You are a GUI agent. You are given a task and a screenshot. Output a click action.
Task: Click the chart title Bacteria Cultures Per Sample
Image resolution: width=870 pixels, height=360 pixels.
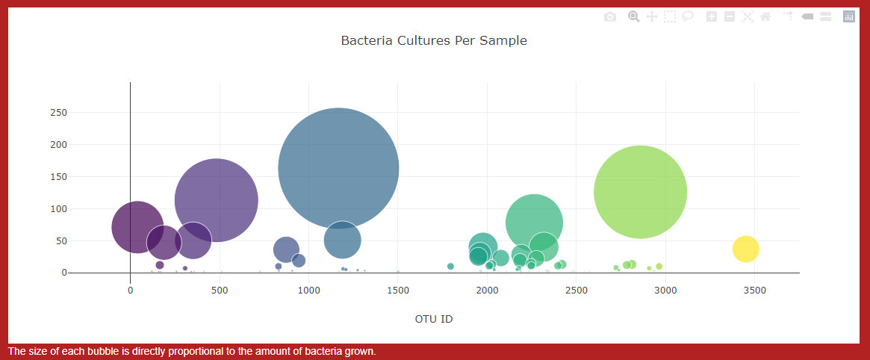tap(434, 40)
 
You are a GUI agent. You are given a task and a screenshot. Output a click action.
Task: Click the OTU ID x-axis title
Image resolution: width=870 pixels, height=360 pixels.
tap(434, 319)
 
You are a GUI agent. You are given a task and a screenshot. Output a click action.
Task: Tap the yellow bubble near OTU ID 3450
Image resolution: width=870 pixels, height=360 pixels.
tap(745, 249)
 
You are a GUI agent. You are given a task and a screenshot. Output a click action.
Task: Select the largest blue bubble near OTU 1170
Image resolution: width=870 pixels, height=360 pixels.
tap(338, 168)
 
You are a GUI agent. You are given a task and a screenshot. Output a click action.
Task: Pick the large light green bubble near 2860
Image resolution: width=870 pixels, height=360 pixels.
tap(640, 192)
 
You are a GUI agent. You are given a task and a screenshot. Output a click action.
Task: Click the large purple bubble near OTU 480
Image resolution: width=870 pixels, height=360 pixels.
tap(216, 200)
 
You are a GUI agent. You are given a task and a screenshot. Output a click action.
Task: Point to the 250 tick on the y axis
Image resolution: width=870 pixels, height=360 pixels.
tap(58, 113)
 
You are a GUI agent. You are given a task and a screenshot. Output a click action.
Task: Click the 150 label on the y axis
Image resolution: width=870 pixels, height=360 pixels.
tap(58, 177)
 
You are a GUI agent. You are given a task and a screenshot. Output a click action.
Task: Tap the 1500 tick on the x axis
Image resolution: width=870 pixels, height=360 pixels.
tap(397, 290)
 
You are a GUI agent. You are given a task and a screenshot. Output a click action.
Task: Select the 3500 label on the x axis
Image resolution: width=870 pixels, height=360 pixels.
tap(754, 290)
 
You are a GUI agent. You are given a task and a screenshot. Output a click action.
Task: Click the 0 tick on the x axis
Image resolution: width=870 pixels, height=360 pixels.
tap(131, 290)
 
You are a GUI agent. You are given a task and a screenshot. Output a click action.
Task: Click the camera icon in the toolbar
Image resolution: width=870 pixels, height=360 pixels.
tap(610, 17)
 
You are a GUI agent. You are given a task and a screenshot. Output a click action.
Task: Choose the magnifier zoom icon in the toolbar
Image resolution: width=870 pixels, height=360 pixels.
tap(633, 16)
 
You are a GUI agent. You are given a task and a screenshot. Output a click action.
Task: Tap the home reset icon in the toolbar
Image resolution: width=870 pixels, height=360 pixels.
tap(765, 17)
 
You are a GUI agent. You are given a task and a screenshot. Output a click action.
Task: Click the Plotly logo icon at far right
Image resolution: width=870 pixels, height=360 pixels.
tap(848, 16)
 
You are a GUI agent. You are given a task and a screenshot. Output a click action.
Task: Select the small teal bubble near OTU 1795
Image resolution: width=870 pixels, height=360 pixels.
tap(450, 266)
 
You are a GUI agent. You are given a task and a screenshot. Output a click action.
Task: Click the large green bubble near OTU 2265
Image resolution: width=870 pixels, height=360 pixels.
tap(534, 222)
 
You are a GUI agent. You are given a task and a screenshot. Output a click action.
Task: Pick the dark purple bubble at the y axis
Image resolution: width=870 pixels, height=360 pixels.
tap(137, 227)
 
